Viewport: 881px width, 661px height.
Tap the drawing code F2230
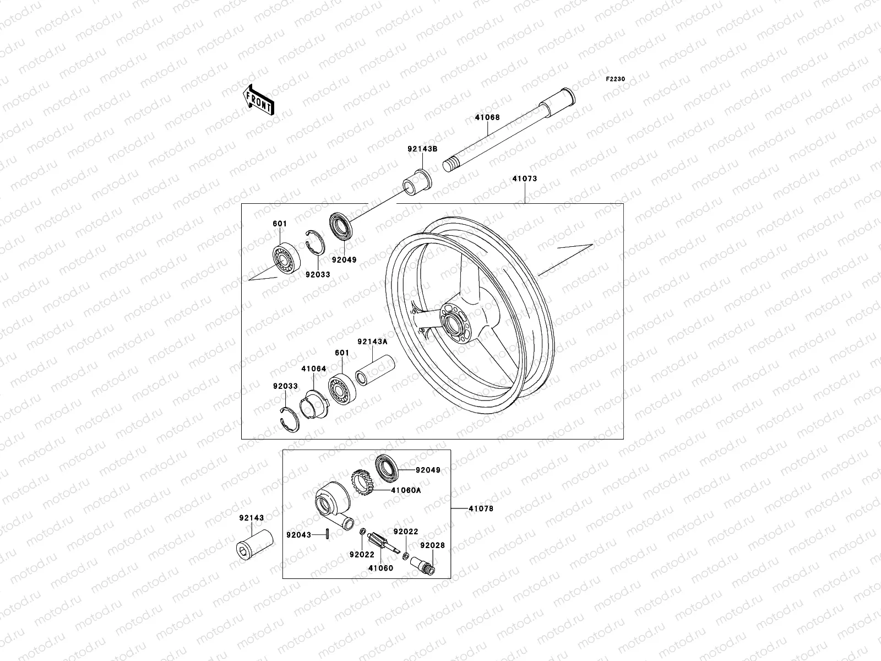[616, 79]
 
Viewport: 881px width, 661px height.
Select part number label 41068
[487, 117]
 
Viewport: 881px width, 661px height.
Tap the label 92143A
[372, 342]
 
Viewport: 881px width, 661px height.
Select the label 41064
[313, 369]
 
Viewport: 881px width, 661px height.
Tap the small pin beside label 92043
[328, 534]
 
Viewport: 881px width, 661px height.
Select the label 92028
[432, 545]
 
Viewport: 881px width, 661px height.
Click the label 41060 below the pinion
[381, 568]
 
